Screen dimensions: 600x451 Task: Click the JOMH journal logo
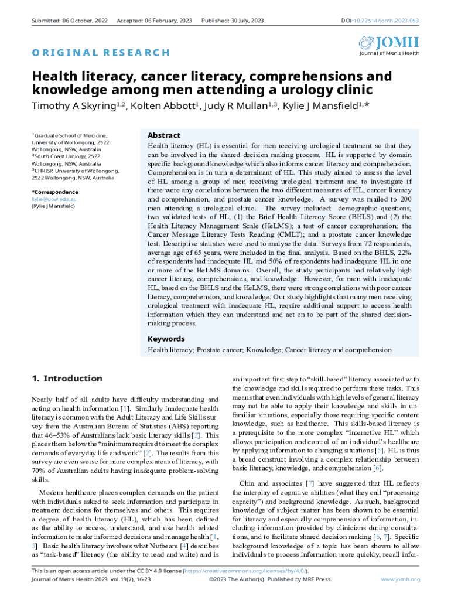[x=389, y=45]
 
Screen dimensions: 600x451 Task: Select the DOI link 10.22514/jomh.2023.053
[x=387, y=21]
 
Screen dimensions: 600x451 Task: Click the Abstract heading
[x=163, y=135]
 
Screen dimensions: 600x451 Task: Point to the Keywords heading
[x=166, y=339]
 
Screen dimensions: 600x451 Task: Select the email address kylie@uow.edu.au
[x=54, y=199]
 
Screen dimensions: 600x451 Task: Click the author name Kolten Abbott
[x=162, y=106]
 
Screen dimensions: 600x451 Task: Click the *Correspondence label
[x=54, y=192]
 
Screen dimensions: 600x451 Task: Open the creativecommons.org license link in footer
[x=247, y=571]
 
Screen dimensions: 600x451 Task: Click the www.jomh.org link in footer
[x=401, y=579]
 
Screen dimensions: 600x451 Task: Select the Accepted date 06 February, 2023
[x=154, y=21]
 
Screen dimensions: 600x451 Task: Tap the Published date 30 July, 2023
[x=232, y=21]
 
